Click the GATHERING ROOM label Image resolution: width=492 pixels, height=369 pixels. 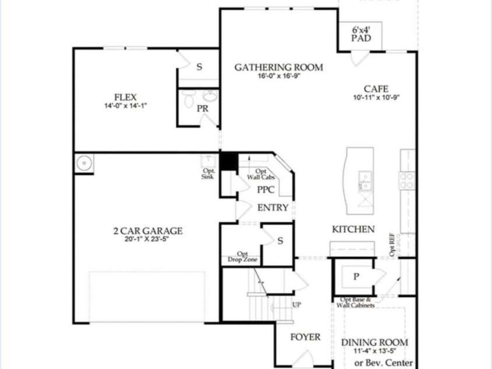278,67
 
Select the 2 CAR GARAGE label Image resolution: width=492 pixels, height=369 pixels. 148,231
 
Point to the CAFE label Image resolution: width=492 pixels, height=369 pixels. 376,89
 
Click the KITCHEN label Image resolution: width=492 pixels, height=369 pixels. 353,229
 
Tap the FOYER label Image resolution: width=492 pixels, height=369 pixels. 305,337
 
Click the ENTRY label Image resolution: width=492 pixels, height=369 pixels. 273,208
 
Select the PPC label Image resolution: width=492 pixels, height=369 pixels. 266,190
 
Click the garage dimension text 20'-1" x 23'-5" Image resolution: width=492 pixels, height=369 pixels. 148,239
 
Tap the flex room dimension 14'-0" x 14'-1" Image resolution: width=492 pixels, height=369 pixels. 125,106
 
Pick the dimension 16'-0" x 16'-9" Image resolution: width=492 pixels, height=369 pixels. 278,76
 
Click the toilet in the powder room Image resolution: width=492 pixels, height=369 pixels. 189,100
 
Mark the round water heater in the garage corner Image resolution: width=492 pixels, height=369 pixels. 84,163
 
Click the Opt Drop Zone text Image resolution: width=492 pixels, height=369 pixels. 239,257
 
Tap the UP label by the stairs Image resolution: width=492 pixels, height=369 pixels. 296,305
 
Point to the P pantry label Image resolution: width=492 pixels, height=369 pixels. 356,277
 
